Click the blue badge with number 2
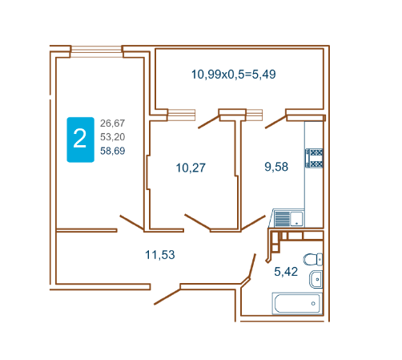80,140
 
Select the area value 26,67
112,123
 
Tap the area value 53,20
112,137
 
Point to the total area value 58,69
112,151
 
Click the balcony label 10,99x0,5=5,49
234,75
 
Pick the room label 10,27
191,168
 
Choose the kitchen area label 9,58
276,167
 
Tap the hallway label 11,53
160,255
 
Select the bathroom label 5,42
286,272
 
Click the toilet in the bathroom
313,259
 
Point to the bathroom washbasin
316,279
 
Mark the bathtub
297,303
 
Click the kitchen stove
314,158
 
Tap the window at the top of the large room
96,51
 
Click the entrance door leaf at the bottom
167,297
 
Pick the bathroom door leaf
252,266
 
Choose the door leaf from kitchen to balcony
275,122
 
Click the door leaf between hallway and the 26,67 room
132,223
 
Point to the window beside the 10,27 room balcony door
182,115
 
